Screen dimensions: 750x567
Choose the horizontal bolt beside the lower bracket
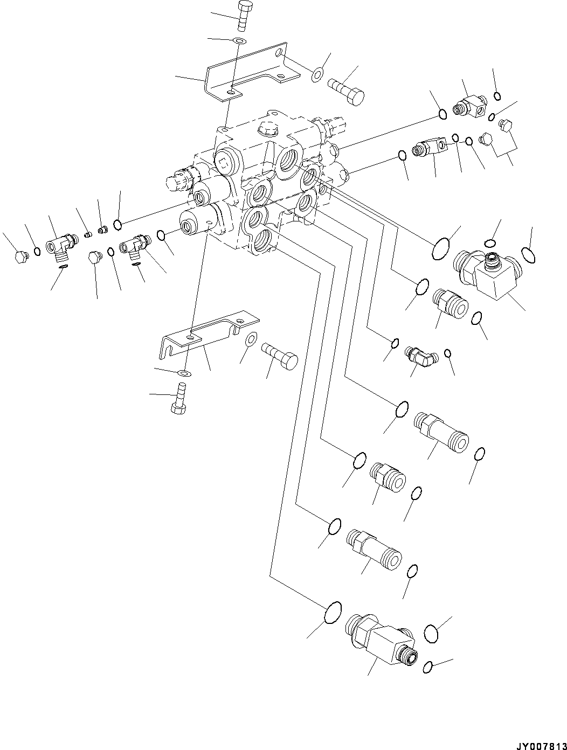click(280, 356)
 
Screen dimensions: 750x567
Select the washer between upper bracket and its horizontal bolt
click(317, 74)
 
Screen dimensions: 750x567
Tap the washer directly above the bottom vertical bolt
click(184, 372)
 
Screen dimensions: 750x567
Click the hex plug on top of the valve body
click(268, 129)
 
